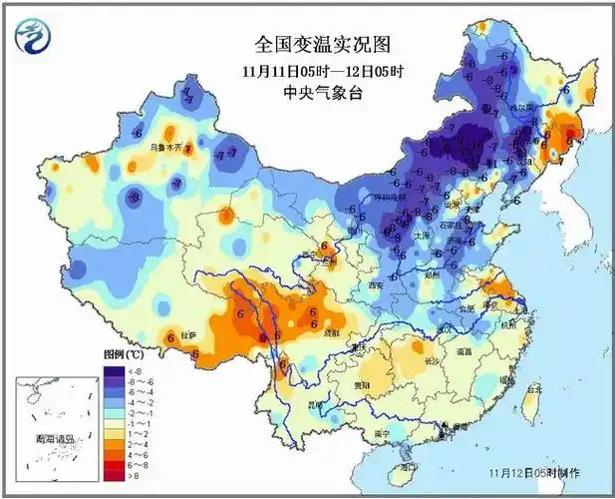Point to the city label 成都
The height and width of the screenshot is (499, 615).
tap(331, 332)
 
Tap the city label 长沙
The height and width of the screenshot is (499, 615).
tap(431, 361)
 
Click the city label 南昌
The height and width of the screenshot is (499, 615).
tap(464, 351)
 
